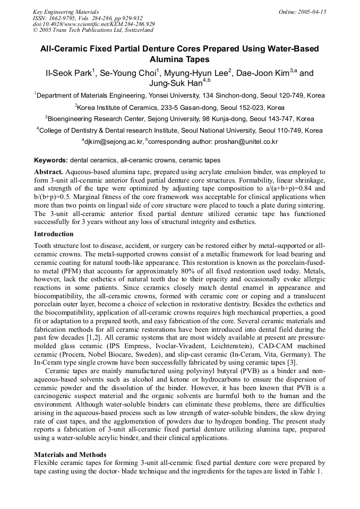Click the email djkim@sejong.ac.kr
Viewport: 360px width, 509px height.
click(x=114, y=142)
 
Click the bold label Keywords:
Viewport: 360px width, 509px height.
click(x=50, y=160)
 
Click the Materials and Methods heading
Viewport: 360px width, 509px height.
click(x=70, y=455)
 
